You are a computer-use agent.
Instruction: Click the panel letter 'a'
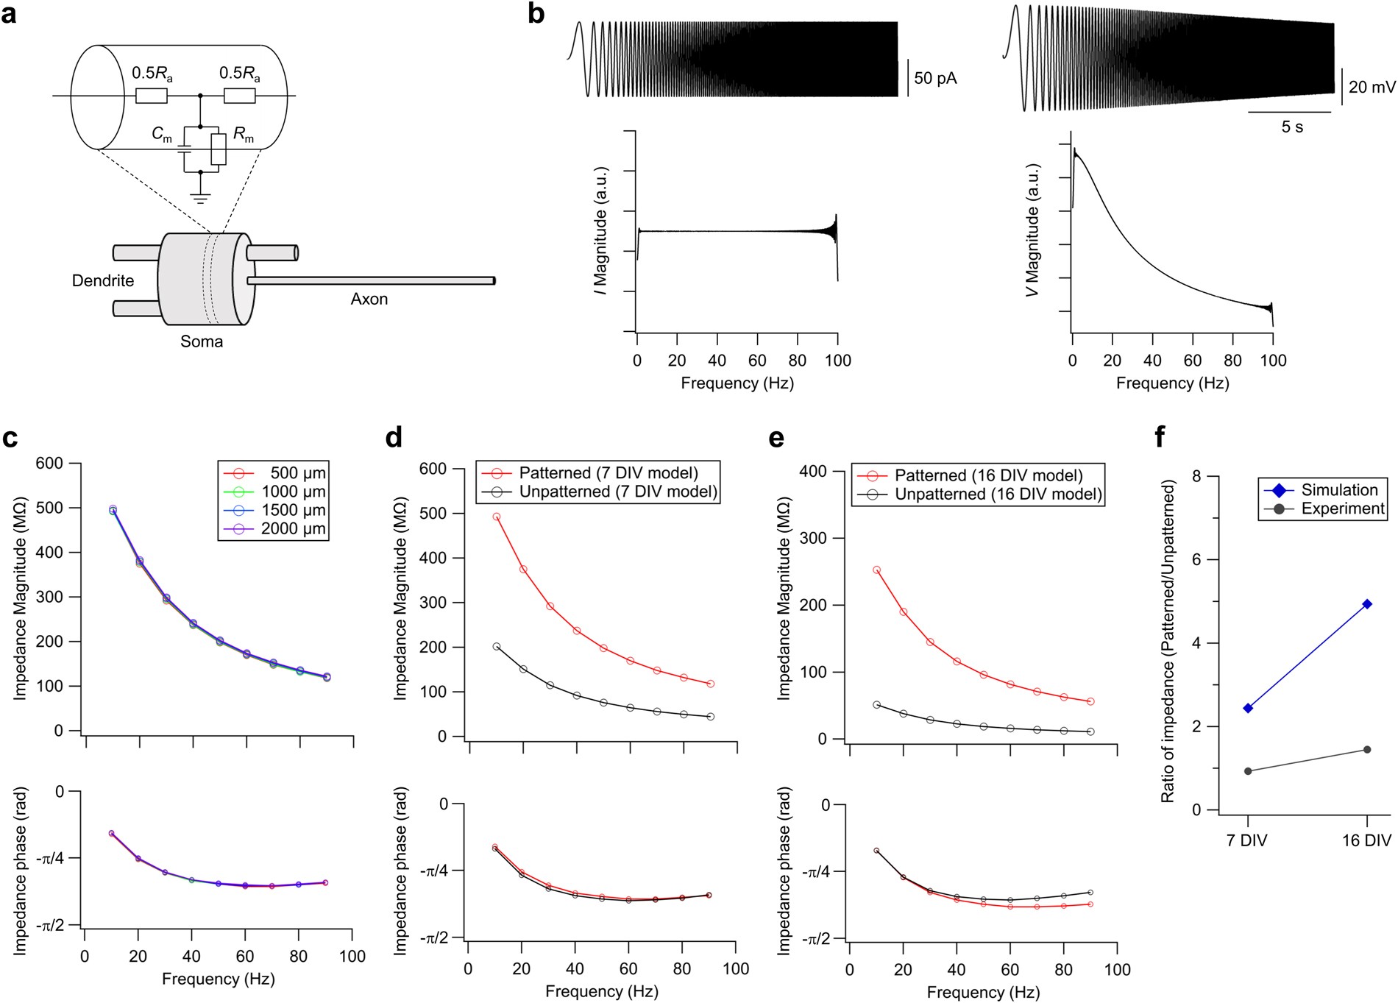9,15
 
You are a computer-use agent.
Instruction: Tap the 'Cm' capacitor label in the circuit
162,134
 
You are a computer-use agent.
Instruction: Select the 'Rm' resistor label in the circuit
244,134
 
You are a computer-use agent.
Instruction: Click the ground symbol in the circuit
200,197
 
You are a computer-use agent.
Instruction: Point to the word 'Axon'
369,299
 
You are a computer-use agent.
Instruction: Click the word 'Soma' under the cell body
201,341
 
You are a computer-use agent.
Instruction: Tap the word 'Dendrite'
103,280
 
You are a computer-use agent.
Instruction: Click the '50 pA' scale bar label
935,78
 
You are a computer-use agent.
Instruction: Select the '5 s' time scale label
1291,127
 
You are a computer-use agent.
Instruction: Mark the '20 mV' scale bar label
1372,87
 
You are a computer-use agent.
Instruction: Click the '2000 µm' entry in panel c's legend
293,528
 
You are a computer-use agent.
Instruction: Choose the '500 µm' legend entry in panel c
297,473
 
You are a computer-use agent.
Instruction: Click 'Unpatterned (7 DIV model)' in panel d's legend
617,492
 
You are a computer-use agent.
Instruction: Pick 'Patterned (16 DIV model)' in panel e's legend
988,475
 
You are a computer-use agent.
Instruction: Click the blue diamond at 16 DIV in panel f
1367,604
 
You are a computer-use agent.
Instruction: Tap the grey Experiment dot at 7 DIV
1248,771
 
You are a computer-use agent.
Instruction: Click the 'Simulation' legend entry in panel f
1339,490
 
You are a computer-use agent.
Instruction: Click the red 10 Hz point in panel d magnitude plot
497,517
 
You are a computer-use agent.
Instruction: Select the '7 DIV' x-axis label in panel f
1246,840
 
